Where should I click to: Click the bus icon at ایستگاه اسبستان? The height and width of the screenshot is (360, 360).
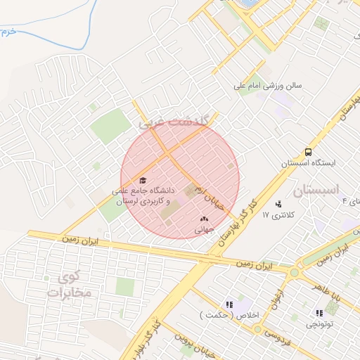coord(308,152)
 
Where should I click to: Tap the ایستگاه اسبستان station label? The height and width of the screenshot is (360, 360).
coord(308,162)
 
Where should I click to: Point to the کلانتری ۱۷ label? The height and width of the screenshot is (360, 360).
coord(281,213)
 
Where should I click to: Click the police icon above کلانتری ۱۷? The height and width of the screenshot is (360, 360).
coord(285,203)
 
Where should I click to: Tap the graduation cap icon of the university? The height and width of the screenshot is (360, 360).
coord(143,180)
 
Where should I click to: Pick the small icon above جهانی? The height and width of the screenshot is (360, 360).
coord(204,219)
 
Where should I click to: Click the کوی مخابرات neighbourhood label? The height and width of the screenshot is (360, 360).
coord(64,284)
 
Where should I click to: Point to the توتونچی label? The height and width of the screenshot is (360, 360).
coord(320,324)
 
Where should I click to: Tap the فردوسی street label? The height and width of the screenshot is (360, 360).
coord(281,333)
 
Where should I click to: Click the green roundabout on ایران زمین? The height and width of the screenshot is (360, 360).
coord(294,272)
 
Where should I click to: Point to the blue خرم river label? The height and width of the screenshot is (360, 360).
coord(6,32)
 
